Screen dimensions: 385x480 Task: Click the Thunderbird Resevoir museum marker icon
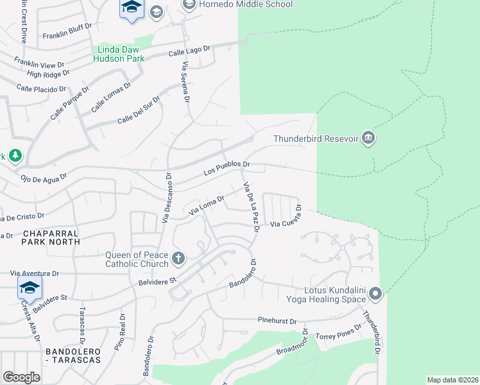point(368,138)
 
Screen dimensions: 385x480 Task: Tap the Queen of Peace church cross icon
point(178,259)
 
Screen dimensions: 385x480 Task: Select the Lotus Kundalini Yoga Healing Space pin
point(376,294)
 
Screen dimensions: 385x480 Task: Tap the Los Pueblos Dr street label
point(227,168)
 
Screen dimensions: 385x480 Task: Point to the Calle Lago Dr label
point(189,51)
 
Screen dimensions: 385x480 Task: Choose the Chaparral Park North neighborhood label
point(51,237)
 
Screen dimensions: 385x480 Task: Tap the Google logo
point(21,377)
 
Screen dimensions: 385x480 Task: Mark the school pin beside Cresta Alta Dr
point(30,289)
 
